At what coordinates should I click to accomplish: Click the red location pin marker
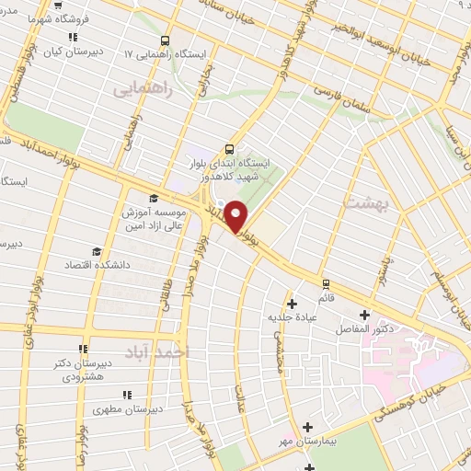(236, 216)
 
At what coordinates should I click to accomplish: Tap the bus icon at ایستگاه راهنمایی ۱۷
(165, 40)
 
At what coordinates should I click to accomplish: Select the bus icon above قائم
(325, 282)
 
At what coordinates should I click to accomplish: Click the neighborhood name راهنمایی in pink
(135, 91)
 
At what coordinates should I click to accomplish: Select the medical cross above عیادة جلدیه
(292, 303)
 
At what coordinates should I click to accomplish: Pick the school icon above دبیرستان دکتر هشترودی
(82, 349)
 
